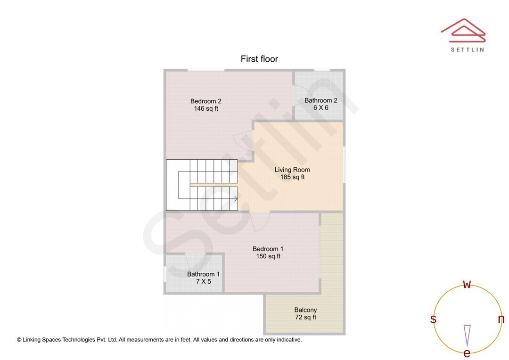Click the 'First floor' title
[x=259, y=59]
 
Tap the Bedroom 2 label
[x=205, y=101]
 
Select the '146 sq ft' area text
[x=206, y=108]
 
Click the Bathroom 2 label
[x=320, y=100]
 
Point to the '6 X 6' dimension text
[x=320, y=108]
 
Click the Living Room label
[x=292, y=170]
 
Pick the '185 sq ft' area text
[x=292, y=177]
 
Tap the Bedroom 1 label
[x=268, y=249]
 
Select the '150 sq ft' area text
[x=268, y=256]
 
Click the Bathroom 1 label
[x=203, y=274]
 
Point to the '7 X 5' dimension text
[x=204, y=281]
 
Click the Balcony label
[x=305, y=310]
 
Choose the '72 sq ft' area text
[x=305, y=318]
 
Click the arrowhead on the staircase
[x=235, y=198]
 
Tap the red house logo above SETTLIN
[x=463, y=30]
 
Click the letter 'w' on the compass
[x=467, y=284]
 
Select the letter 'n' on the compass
[x=501, y=319]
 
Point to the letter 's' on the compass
[x=433, y=319]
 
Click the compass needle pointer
[x=467, y=335]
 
